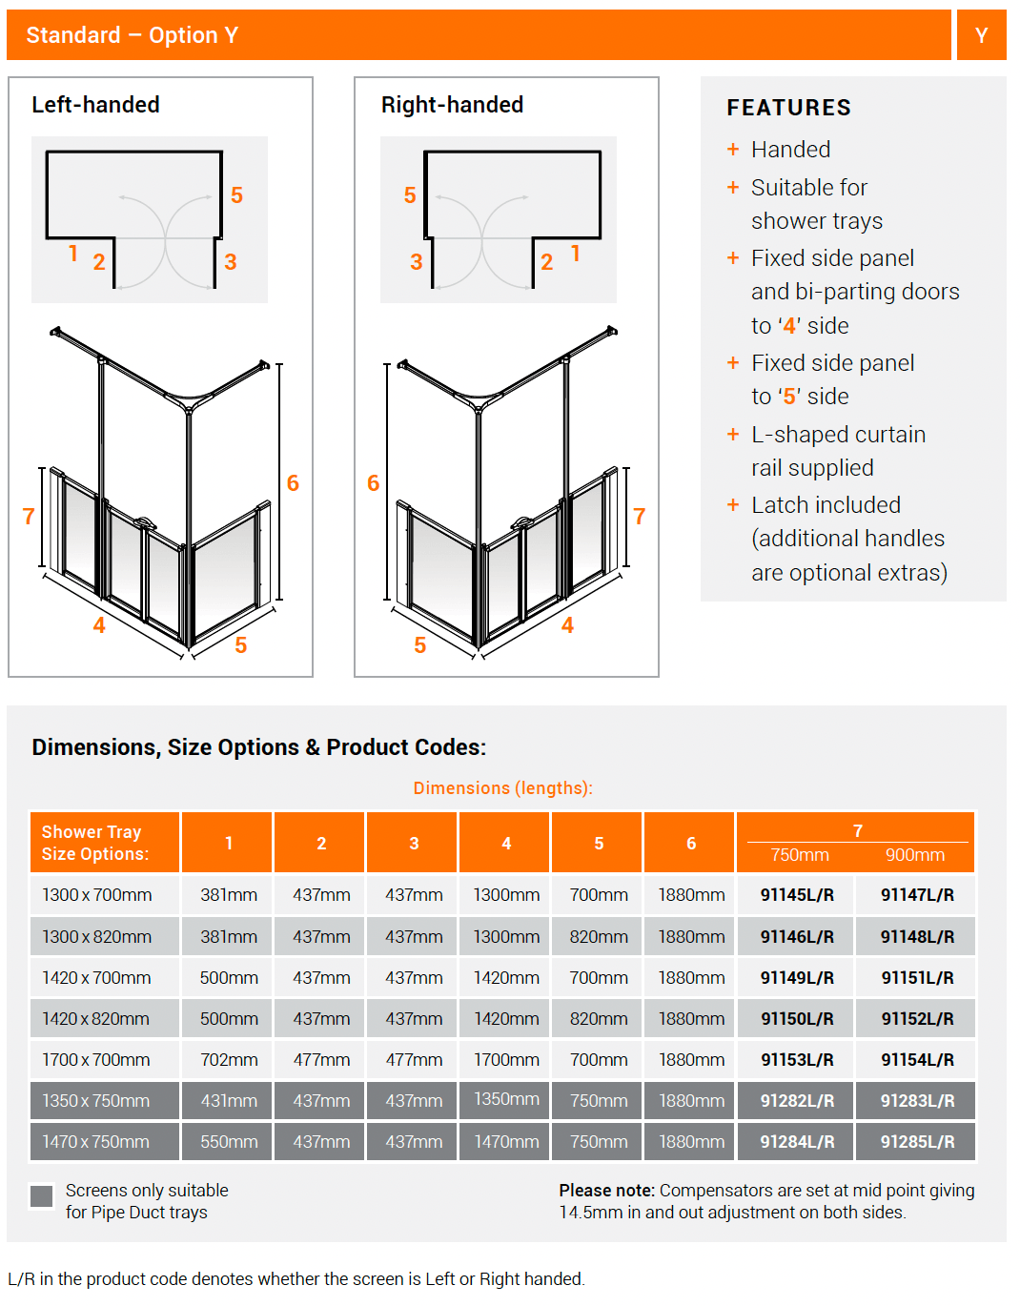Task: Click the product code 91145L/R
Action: pyautogui.click(x=797, y=895)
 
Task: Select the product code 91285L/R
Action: pyautogui.click(x=917, y=1142)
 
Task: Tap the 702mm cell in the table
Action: pyautogui.click(x=229, y=1060)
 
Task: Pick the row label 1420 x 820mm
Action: pyautogui.click(x=95, y=1019)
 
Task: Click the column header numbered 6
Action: pyautogui.click(x=691, y=844)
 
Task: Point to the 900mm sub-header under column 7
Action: pyautogui.click(x=914, y=855)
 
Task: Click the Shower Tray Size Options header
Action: pyautogui.click(x=95, y=843)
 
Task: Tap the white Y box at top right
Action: pyautogui.click(x=981, y=35)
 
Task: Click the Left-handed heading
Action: pyautogui.click(x=95, y=105)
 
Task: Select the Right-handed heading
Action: pyautogui.click(x=452, y=105)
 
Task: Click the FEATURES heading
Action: pyautogui.click(x=788, y=108)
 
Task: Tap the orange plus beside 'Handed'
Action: pyautogui.click(x=733, y=150)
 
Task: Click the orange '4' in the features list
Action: pyautogui.click(x=789, y=326)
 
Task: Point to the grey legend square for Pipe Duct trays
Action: pyautogui.click(x=42, y=1196)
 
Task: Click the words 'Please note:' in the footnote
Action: pyautogui.click(x=606, y=1191)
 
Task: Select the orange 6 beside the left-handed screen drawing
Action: pyautogui.click(x=293, y=483)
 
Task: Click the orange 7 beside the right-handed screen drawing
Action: pyautogui.click(x=639, y=517)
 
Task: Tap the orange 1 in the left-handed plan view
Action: pyautogui.click(x=73, y=253)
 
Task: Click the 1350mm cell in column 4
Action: pyautogui.click(x=506, y=1100)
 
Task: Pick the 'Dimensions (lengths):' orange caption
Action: pyautogui.click(x=502, y=788)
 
